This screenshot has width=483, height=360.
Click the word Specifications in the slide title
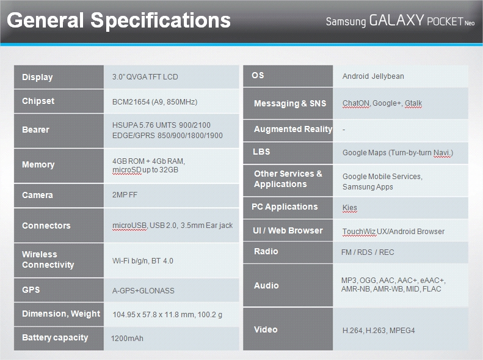[x=161, y=21]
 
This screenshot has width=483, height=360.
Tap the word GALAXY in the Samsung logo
[x=397, y=20]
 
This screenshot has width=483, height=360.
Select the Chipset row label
[x=38, y=101]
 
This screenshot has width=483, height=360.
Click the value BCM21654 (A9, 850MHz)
[x=154, y=102]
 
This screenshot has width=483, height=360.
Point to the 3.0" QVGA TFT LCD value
[x=145, y=77]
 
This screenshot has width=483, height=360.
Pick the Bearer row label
[x=36, y=130]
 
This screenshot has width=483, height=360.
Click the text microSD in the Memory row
[x=127, y=170]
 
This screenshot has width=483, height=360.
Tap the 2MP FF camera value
[x=125, y=195]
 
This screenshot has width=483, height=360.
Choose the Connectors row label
[x=46, y=226]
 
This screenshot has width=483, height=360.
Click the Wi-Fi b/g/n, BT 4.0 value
[x=143, y=261]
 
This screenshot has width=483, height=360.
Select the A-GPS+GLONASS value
[x=143, y=291]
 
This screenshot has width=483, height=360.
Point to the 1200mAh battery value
[x=127, y=339]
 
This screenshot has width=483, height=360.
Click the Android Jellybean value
[x=373, y=76]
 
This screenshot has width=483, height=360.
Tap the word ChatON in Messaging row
[x=356, y=103]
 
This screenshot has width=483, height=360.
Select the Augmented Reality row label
[x=293, y=130]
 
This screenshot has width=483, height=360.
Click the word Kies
[x=350, y=208]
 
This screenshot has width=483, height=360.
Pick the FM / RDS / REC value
[x=368, y=252]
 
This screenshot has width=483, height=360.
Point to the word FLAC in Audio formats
[x=432, y=289]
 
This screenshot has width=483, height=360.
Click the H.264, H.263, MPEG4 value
[x=379, y=331]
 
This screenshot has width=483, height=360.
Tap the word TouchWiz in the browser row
[x=359, y=232]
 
